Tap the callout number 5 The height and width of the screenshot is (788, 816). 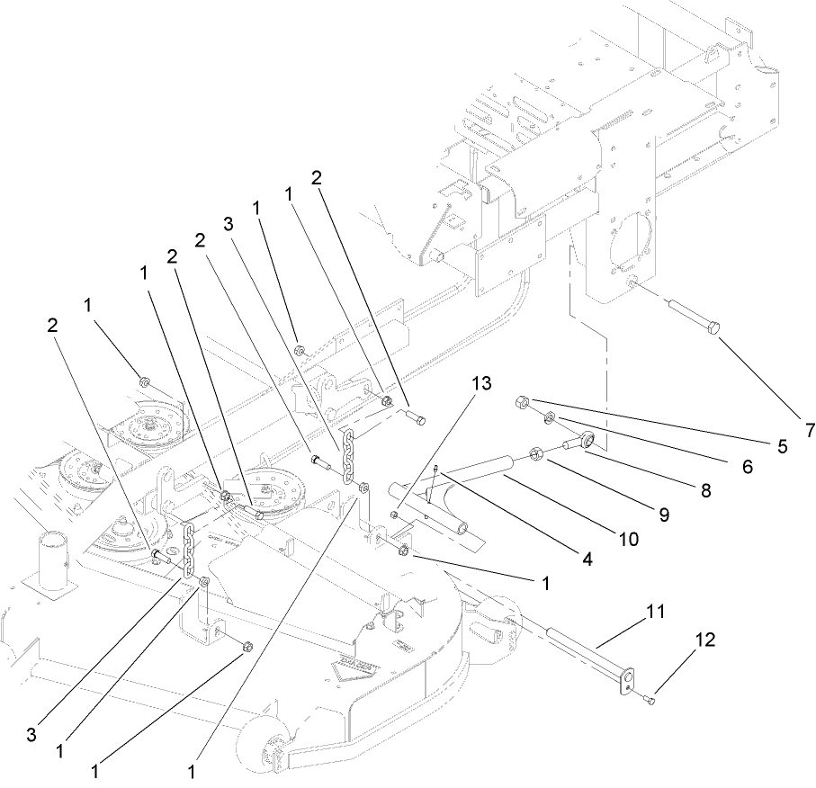coord(782,444)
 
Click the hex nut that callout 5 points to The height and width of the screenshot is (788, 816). coord(523,402)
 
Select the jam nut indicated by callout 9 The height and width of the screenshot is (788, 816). coord(533,453)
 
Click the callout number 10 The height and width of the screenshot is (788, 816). coord(628,538)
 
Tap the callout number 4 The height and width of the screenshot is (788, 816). coord(587,559)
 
